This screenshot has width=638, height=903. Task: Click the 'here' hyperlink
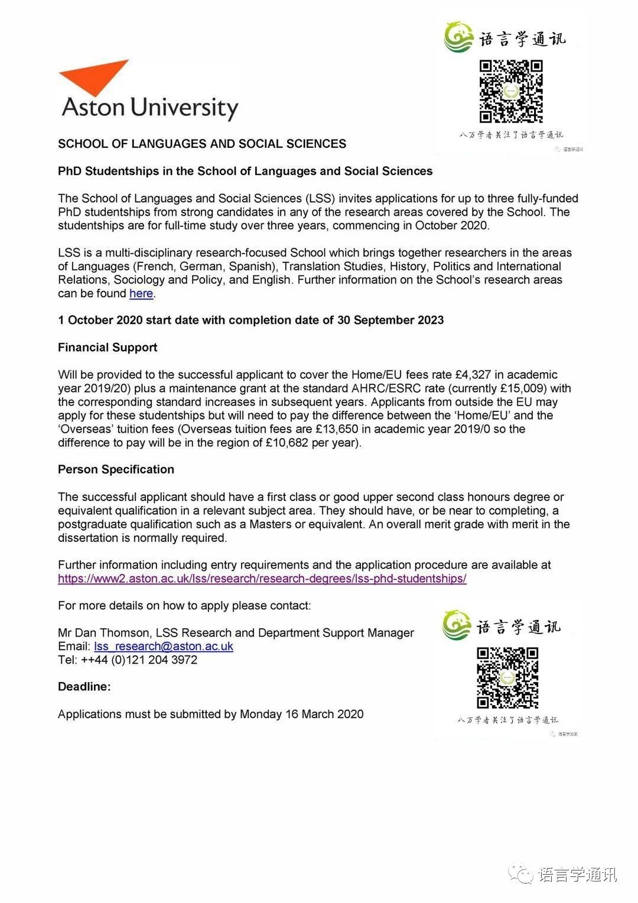[141, 294]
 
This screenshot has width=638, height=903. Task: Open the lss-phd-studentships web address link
[262, 579]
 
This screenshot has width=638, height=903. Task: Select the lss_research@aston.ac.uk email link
[163, 647]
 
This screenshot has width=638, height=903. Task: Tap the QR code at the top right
[510, 91]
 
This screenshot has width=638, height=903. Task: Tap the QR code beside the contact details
[507, 678]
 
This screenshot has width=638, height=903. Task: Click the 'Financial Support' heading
[108, 347]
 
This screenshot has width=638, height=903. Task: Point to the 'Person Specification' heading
[116, 470]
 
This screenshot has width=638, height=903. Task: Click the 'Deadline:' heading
[84, 687]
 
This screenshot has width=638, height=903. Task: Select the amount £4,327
[477, 375]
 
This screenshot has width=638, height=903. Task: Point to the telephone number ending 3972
[154, 660]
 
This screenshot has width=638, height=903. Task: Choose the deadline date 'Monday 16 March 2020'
[301, 714]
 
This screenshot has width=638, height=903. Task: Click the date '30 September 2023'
[390, 320]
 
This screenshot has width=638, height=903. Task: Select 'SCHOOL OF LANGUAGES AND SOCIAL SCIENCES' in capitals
[202, 144]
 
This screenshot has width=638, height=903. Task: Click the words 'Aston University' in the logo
[150, 108]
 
